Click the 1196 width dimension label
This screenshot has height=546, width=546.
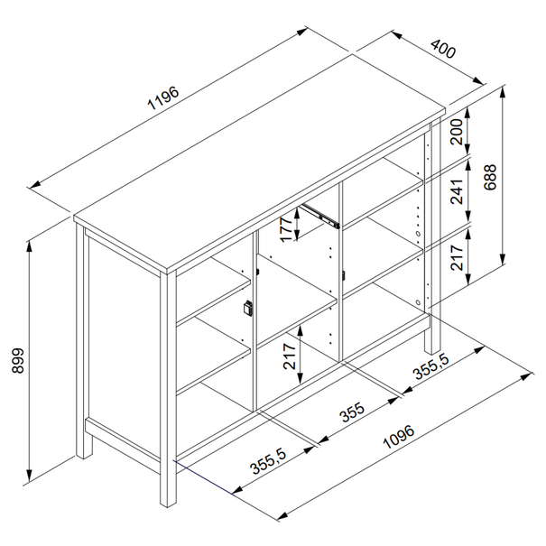tap(163, 97)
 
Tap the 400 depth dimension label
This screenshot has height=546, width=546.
tap(443, 49)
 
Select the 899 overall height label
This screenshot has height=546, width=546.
tap(18, 360)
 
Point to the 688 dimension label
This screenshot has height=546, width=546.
tap(490, 177)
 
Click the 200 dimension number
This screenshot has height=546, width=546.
tap(457, 132)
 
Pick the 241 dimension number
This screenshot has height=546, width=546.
tap(457, 191)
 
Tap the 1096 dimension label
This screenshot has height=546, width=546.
tap(399, 437)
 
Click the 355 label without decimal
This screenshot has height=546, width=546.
tap(352, 412)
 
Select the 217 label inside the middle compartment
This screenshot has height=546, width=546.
tap(290, 356)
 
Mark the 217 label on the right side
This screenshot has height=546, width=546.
tap(457, 258)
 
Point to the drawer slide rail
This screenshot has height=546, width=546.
tap(319, 216)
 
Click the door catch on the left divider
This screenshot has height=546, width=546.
tap(248, 308)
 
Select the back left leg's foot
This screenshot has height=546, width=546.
tap(85, 453)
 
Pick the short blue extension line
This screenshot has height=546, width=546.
tap(203, 477)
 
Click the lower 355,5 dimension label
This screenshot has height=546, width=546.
tap(268, 462)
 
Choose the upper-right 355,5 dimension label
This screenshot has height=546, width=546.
tap(431, 366)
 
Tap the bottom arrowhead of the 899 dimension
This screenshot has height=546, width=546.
tap(30, 475)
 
